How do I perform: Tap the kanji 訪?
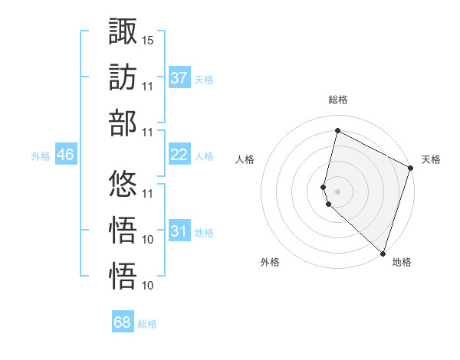pyautogui.click(x=123, y=77)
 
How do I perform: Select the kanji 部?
pyautogui.click(x=123, y=123)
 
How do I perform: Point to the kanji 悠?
pyautogui.click(x=123, y=184)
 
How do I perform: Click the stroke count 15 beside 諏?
pyautogui.click(x=148, y=39)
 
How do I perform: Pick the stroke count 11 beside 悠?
pyautogui.click(x=148, y=193)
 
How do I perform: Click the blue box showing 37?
pyautogui.click(x=179, y=77)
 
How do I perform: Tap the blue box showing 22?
pyautogui.click(x=179, y=155)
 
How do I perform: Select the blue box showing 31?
pyautogui.click(x=179, y=231)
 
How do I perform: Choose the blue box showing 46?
pyautogui.click(x=66, y=155)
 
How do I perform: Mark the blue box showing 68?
pyautogui.click(x=123, y=322)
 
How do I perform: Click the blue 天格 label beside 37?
pyautogui.click(x=204, y=79)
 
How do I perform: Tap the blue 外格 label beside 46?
pyautogui.click(x=41, y=155)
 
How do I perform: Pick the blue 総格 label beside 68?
pyautogui.click(x=147, y=324)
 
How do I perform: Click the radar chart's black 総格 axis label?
pyautogui.click(x=338, y=100)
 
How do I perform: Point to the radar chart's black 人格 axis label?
pyautogui.click(x=245, y=159)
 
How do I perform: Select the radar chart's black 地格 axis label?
pyautogui.click(x=402, y=263)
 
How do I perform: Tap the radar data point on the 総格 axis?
pyautogui.click(x=337, y=131)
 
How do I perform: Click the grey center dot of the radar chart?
pyautogui.click(x=337, y=190)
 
